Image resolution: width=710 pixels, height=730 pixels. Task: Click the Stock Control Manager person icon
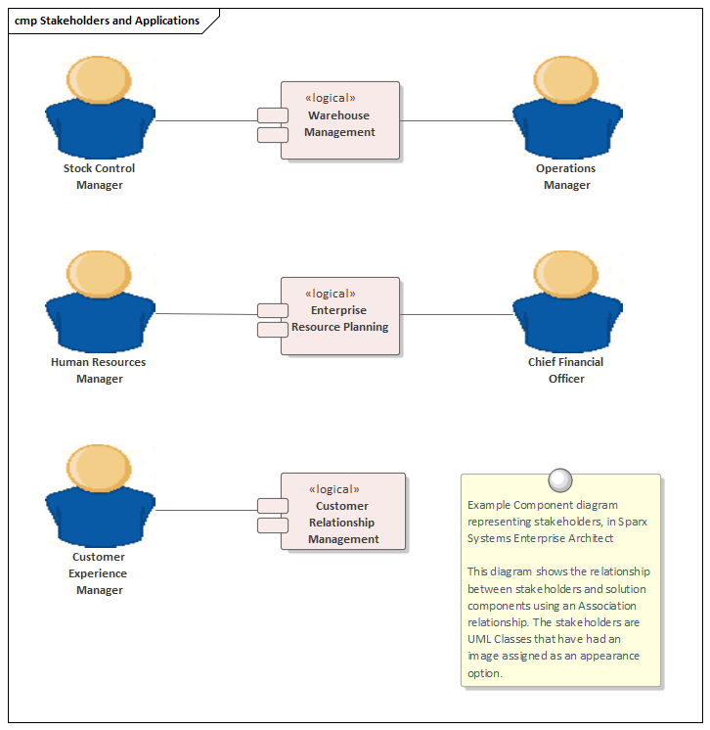(x=100, y=108)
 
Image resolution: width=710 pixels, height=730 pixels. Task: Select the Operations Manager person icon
(x=567, y=108)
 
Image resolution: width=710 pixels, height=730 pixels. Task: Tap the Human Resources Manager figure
(x=100, y=301)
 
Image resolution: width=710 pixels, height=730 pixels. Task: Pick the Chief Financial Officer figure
(x=567, y=301)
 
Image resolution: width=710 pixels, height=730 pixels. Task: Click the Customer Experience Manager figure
(x=100, y=496)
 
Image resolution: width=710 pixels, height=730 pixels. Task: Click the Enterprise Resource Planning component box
(x=339, y=315)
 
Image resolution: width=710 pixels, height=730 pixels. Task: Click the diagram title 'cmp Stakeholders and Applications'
(x=108, y=21)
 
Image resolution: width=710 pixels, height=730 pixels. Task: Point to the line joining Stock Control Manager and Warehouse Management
(x=205, y=121)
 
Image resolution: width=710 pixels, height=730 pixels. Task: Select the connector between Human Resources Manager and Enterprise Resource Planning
(x=205, y=314)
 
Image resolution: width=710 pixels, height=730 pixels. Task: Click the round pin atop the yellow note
(x=560, y=479)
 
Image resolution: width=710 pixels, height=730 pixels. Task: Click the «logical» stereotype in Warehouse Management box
(x=331, y=98)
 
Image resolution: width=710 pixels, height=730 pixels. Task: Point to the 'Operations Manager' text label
(x=566, y=176)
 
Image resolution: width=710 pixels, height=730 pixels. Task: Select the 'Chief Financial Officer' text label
(x=566, y=370)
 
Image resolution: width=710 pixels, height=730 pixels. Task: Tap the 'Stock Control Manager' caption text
(x=100, y=176)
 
